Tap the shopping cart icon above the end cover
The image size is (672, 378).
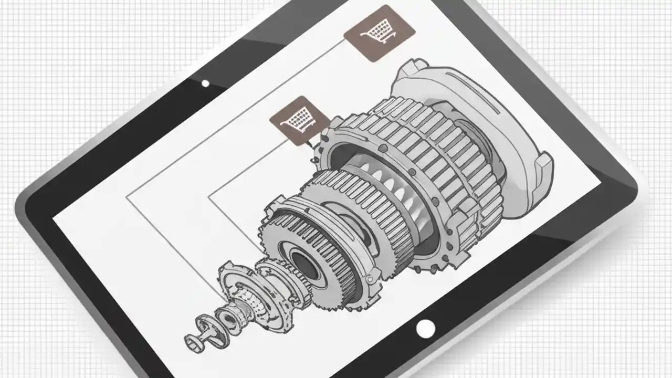click(x=379, y=33)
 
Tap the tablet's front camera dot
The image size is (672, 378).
click(x=205, y=83)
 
